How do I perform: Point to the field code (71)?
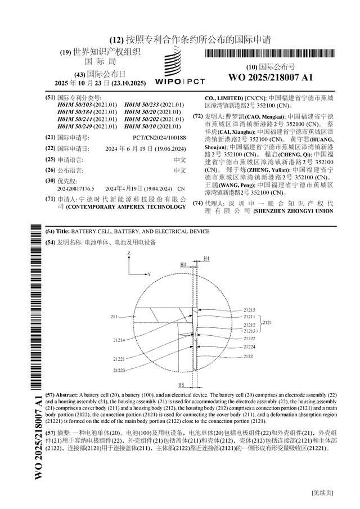click(x=50, y=199)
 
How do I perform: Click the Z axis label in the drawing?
click(x=129, y=254)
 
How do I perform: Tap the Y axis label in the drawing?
click(x=149, y=274)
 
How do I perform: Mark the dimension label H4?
click(x=206, y=258)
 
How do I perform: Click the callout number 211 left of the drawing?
click(x=114, y=317)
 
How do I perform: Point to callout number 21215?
click(x=250, y=310)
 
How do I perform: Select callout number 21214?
click(x=118, y=340)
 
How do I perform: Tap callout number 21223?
click(x=118, y=370)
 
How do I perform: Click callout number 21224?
click(x=249, y=347)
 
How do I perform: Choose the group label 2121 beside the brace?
click(x=268, y=322)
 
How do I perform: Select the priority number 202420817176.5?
click(x=76, y=188)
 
